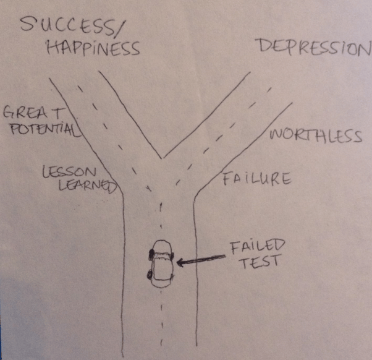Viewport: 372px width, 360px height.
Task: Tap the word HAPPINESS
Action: point(93,48)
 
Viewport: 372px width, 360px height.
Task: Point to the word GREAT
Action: point(34,113)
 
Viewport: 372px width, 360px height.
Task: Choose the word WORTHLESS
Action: point(316,136)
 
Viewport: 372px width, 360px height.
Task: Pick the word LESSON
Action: point(69,172)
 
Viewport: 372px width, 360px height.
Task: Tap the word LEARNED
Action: point(88,185)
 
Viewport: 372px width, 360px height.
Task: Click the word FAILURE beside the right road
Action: point(257,179)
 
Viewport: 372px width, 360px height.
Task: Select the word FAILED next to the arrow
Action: point(258,247)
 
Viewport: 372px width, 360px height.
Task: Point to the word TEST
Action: point(260,262)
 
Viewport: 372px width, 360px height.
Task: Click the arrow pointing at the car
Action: point(201,260)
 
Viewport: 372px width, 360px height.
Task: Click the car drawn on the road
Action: point(161,264)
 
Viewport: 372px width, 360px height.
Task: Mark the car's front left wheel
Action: point(151,255)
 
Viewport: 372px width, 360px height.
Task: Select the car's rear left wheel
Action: point(150,275)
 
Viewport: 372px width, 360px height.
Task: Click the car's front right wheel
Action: point(172,256)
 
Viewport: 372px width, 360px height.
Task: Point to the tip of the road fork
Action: point(162,158)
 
